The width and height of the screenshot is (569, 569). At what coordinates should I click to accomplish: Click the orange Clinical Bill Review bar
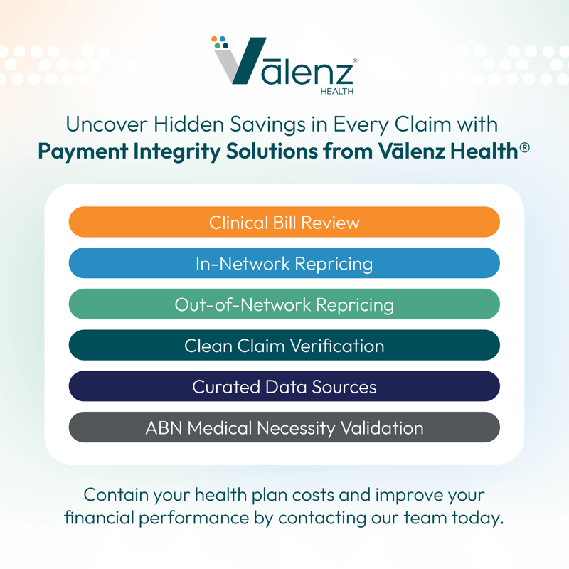coord(284,222)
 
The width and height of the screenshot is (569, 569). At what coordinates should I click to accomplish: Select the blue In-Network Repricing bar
coord(284,263)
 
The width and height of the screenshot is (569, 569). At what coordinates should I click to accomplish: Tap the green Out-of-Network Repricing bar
coord(284,304)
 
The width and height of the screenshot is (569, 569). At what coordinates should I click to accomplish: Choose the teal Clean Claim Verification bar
coord(284,346)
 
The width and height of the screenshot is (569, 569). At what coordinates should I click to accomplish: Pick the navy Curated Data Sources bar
coord(284,386)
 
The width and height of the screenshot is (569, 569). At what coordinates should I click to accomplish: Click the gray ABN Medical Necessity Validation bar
coord(284,427)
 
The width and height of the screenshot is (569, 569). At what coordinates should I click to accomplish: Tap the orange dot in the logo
coord(215,40)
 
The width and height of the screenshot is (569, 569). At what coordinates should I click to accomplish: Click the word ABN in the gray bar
coord(164,427)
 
